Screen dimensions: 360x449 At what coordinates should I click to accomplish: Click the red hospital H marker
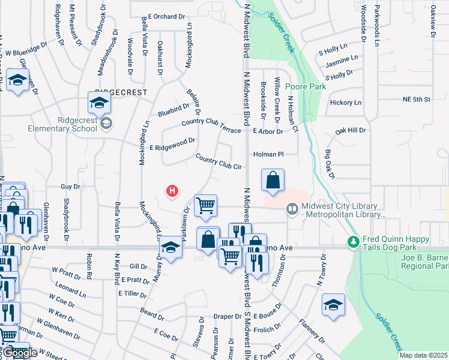point(172,191)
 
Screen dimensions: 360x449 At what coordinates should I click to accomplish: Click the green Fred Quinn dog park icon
point(354,241)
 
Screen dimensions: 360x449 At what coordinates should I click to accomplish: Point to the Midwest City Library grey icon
point(292,209)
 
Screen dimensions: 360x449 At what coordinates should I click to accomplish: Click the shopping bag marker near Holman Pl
point(273,180)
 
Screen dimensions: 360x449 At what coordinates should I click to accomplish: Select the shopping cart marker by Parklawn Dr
point(205,206)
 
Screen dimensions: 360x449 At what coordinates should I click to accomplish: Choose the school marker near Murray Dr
point(171,250)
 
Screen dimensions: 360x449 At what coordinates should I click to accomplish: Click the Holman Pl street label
point(268,154)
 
